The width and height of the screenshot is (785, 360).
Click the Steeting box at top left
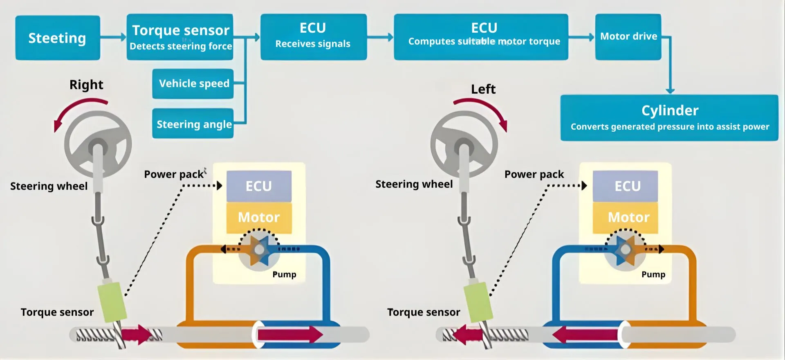58,38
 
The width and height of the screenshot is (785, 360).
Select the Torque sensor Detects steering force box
180,37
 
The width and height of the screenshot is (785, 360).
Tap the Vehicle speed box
193,83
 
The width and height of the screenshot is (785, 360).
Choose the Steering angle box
193,124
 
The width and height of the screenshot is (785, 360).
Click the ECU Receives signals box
313,37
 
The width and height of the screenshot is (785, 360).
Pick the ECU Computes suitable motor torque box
481,37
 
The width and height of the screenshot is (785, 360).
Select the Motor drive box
628,37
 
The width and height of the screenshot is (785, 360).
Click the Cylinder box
669,118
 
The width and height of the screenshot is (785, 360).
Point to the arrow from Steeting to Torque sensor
113,37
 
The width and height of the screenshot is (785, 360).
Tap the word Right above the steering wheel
86,85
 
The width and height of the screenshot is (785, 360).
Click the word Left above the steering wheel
483,89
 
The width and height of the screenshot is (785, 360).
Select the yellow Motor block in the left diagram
259,218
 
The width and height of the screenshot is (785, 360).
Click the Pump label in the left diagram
284,274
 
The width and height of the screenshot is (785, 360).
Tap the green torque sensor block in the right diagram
478,302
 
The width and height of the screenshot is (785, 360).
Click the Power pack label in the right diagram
534,174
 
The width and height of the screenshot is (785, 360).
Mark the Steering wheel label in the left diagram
49,186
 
